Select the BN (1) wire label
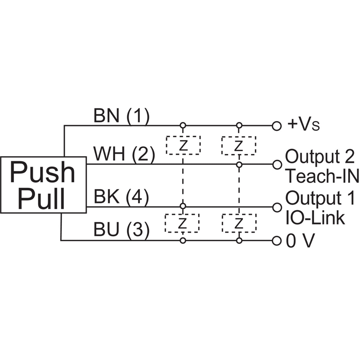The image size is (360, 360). [121, 116]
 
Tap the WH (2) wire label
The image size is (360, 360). [124, 155]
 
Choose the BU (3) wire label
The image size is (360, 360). [121, 230]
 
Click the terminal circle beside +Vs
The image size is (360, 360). [277, 126]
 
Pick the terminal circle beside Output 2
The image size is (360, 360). [277, 165]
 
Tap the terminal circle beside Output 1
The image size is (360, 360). [277, 207]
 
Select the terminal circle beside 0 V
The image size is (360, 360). [277, 241]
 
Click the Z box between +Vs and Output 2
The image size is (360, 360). [239, 145]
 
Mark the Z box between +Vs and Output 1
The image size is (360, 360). [183, 145]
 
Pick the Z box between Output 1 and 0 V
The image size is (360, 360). [183, 222]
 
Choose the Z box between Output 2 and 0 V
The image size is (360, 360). [239, 222]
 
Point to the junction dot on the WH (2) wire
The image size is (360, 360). [239, 165]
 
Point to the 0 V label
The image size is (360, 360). [299, 241]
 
